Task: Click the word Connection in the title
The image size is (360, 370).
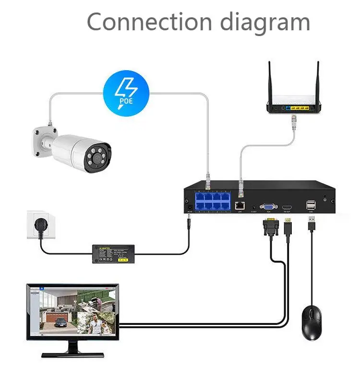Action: [149, 22]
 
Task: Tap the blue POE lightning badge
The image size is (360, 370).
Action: [126, 91]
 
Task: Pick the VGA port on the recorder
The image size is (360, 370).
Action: [268, 205]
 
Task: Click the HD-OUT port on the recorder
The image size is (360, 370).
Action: [288, 205]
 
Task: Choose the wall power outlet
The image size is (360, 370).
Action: [41, 225]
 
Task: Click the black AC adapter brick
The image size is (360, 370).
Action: [113, 252]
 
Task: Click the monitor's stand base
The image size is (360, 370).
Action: [72, 354]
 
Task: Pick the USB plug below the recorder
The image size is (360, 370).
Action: [312, 224]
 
